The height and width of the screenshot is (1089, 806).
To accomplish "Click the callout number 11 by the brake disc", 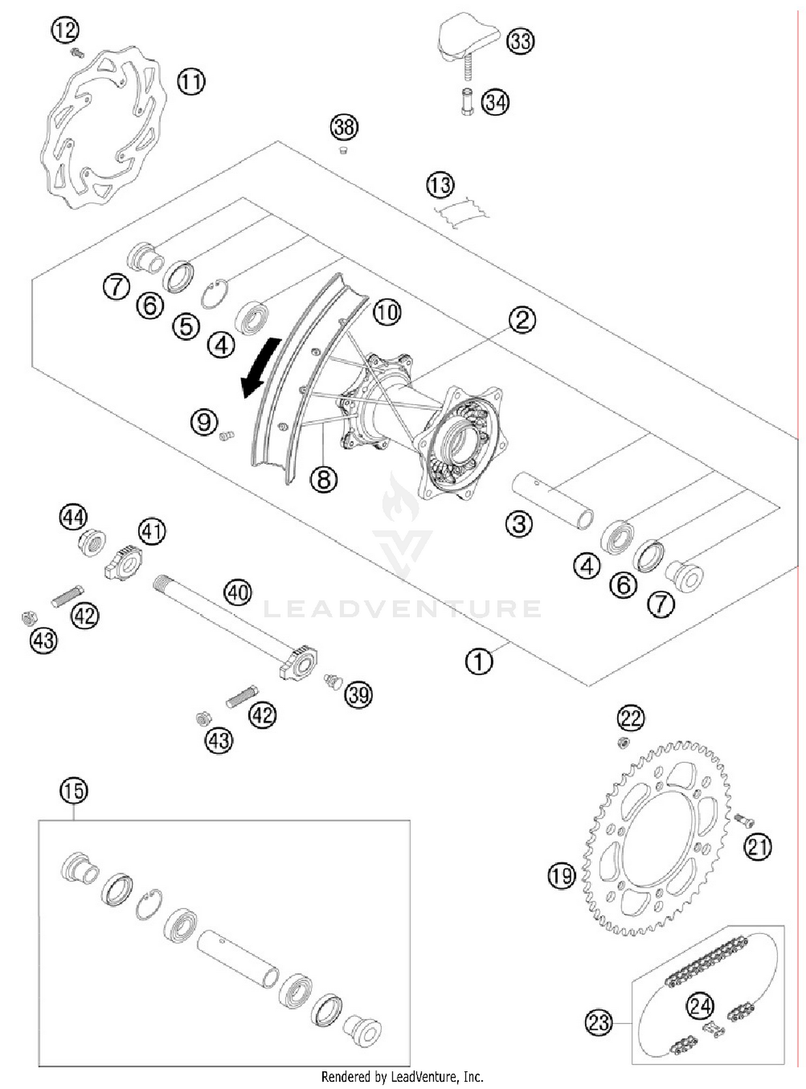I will (191, 82).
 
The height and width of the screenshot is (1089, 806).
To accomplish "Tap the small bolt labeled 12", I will (77, 53).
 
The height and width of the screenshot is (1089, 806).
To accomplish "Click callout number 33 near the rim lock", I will (520, 41).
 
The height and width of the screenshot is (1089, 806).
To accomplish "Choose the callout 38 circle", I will (344, 127).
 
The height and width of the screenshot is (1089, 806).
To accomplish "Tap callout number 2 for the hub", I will (522, 320).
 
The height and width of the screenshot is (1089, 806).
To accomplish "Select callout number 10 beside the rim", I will (387, 312).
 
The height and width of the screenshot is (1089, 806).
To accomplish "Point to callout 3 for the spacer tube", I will (519, 524).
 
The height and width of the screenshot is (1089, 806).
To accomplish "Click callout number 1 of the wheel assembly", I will (478, 661).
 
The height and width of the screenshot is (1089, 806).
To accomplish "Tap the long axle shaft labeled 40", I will (226, 618).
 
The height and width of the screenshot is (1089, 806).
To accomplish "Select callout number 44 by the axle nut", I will (73, 518).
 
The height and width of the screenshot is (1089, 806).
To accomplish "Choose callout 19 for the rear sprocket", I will (562, 876).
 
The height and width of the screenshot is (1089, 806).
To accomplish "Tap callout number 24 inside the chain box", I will (700, 1006).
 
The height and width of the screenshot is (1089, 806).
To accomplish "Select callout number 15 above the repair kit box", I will (74, 791).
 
